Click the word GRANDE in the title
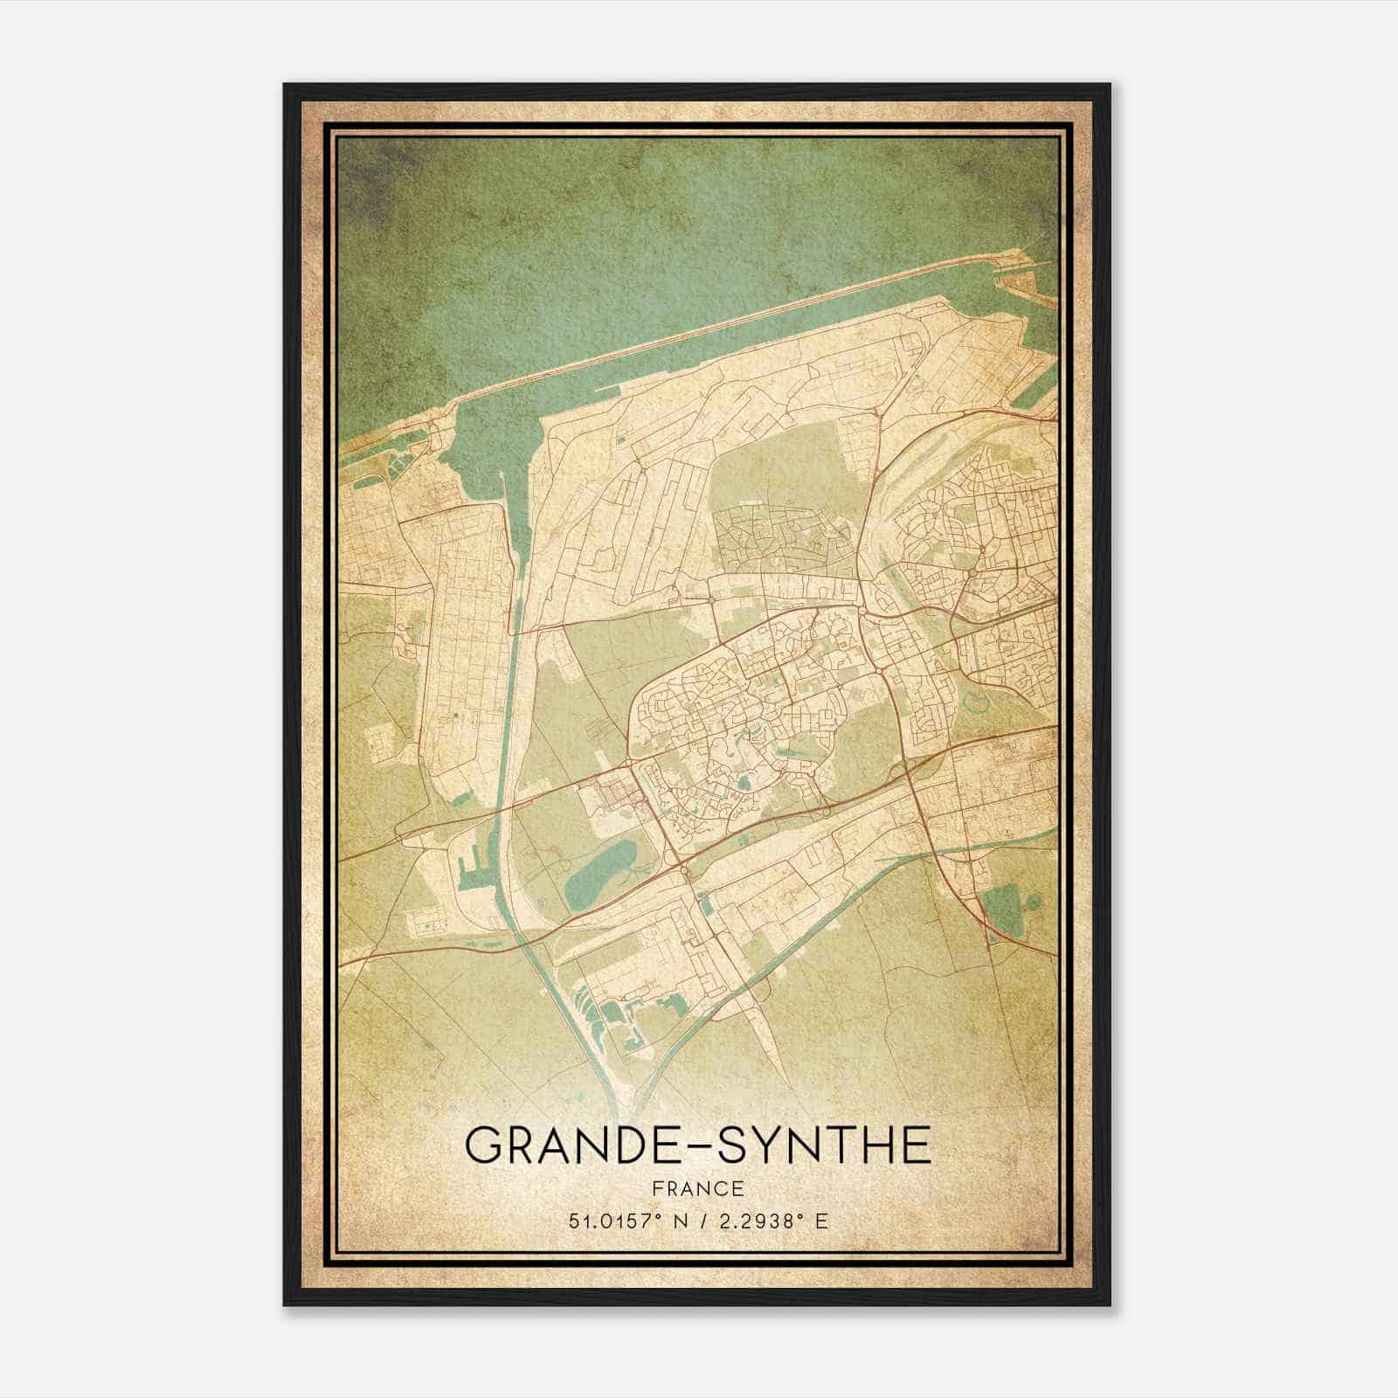tap(560, 1145)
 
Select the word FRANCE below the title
tap(698, 1188)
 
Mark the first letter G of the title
tap(483, 1145)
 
